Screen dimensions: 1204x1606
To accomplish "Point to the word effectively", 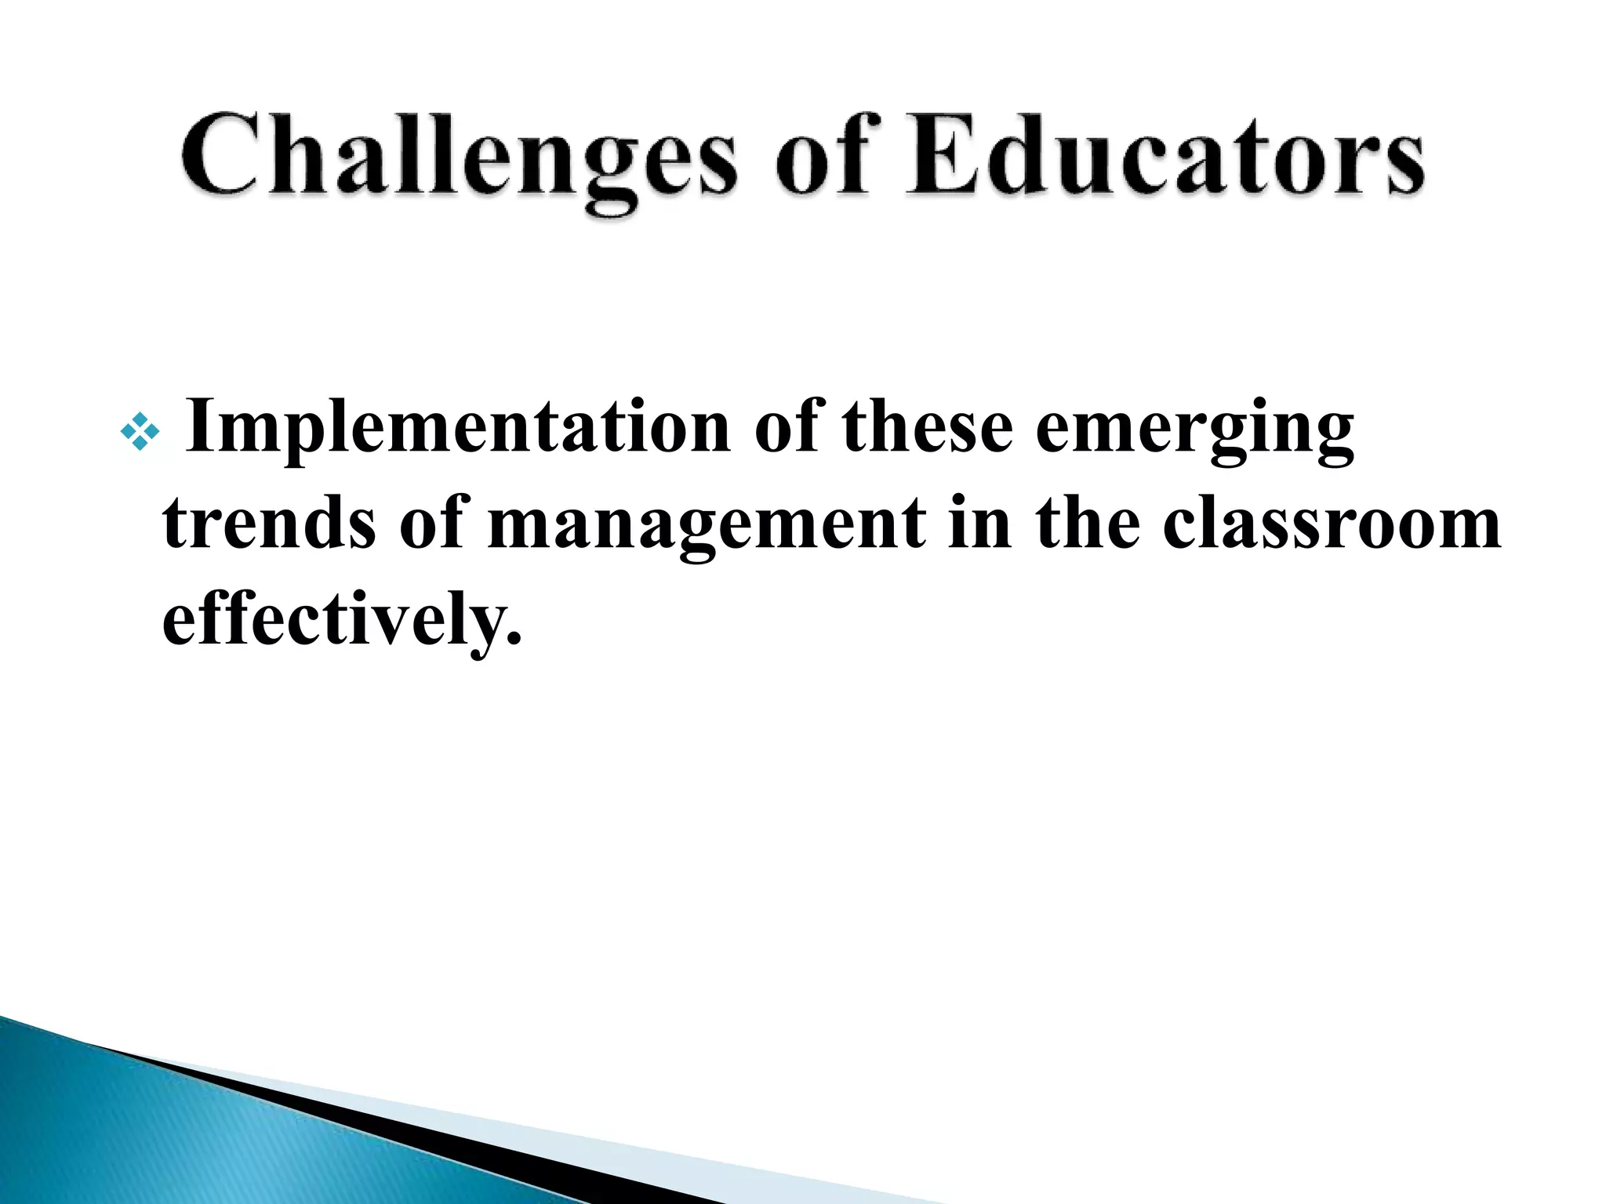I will [x=333, y=619].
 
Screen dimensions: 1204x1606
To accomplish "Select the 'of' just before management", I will [x=431, y=523].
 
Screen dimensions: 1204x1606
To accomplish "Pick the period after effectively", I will [x=513, y=636].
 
